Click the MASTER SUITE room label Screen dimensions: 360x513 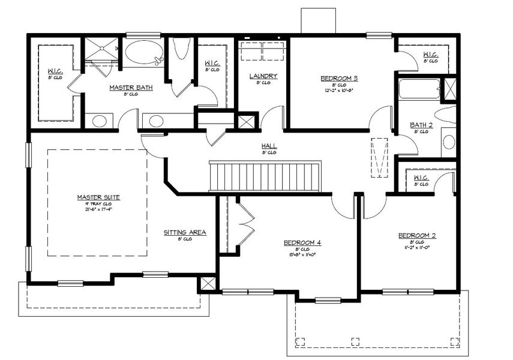(x=98, y=197)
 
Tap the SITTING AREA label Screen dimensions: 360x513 (x=185, y=232)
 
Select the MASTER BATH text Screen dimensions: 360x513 (x=130, y=88)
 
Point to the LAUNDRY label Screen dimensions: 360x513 (x=263, y=76)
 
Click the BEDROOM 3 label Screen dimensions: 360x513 (x=339, y=78)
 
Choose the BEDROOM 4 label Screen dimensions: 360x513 (x=302, y=242)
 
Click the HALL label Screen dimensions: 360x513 (x=268, y=146)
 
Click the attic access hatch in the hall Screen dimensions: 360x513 (x=379, y=158)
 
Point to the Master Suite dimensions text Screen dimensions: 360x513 (x=98, y=209)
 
